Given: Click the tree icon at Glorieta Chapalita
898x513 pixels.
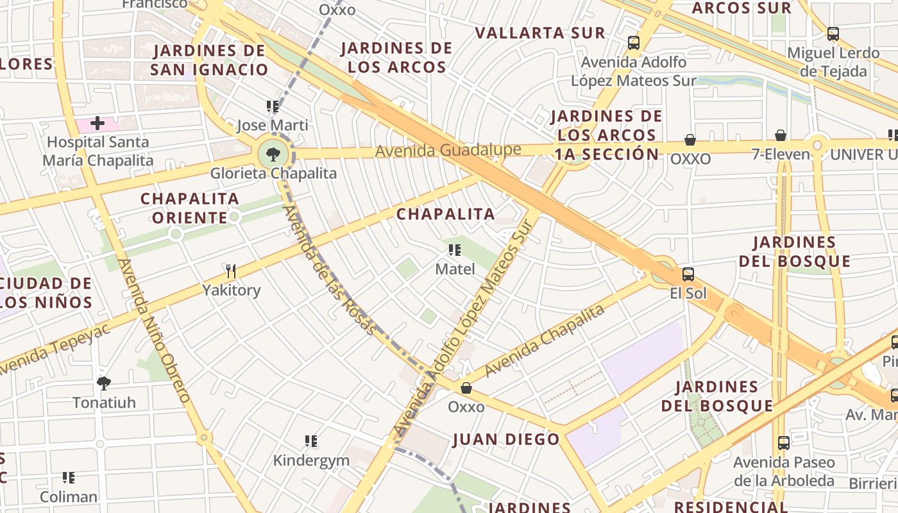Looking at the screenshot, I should click(x=273, y=154).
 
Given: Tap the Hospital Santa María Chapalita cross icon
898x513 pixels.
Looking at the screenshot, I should click(x=97, y=122).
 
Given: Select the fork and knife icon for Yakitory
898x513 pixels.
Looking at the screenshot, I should click(x=231, y=271).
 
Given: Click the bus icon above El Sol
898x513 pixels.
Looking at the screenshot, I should click(x=688, y=274).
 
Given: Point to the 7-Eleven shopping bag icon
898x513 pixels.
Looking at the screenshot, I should click(x=781, y=135).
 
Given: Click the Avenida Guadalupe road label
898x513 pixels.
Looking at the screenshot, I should click(x=448, y=151).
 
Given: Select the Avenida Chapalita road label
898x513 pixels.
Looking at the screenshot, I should click(x=545, y=341).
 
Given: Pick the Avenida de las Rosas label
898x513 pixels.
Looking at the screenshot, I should click(x=328, y=269).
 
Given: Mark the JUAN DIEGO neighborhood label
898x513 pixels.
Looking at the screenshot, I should click(x=506, y=439).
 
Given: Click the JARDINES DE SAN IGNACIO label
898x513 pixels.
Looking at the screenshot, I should click(x=209, y=60).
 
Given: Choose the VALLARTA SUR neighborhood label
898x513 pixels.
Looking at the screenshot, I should click(x=540, y=33).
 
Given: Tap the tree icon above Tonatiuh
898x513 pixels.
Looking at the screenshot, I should click(x=103, y=383).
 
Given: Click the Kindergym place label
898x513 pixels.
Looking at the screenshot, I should click(x=311, y=460).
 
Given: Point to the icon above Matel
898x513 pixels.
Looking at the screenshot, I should click(x=455, y=250).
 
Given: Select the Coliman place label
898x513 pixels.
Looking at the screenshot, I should click(x=69, y=497).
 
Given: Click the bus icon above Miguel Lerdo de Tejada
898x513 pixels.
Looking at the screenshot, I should click(x=833, y=34).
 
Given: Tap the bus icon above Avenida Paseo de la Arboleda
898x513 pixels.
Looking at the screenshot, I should click(x=783, y=442).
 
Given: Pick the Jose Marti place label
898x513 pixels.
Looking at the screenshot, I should click(x=272, y=125).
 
